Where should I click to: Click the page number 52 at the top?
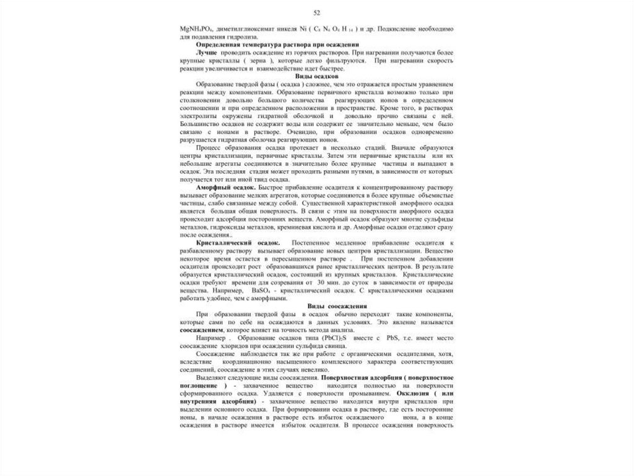pos(317,13)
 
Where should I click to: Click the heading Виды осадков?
pos(316,76)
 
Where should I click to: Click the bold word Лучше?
pos(207,53)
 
